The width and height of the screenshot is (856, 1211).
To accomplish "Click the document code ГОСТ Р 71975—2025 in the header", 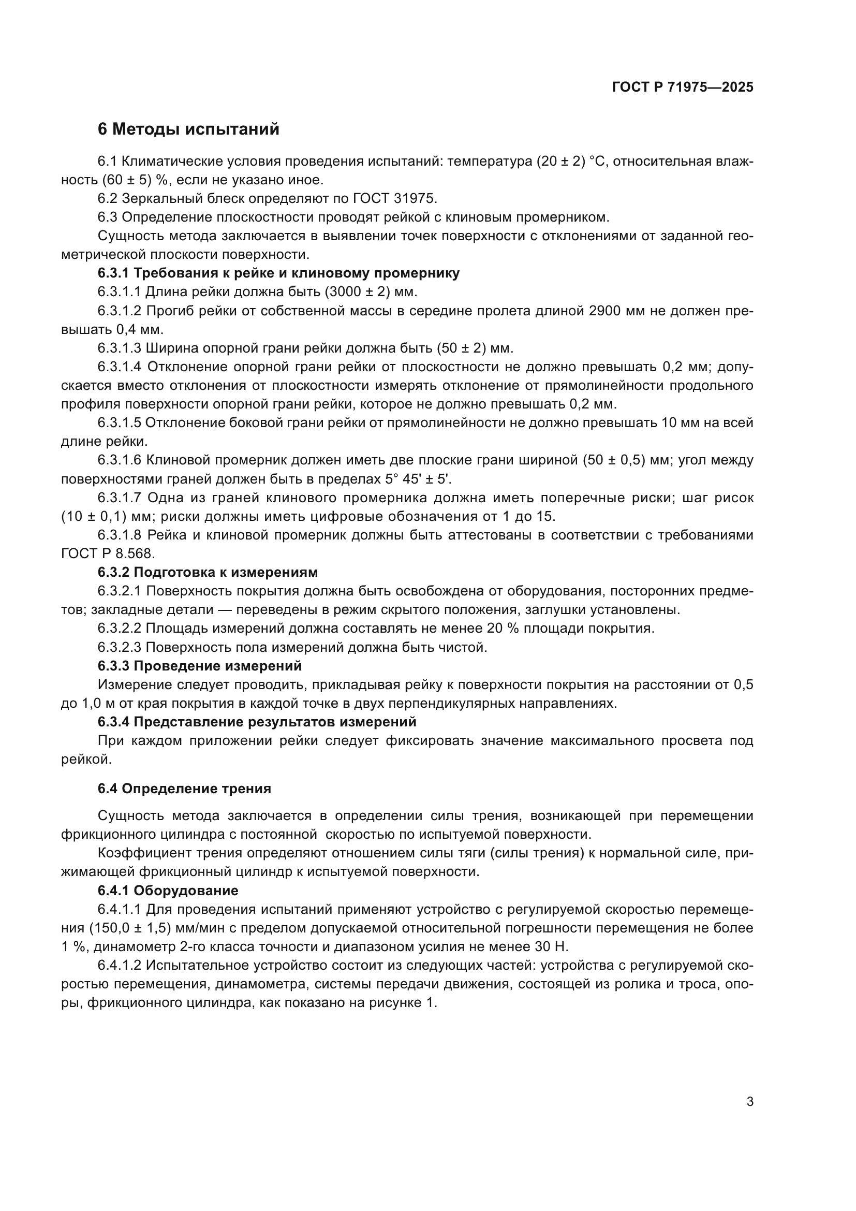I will tap(683, 87).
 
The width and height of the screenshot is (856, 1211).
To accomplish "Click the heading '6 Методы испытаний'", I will tap(188, 129).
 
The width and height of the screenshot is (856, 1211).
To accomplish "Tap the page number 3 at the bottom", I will tap(749, 1112).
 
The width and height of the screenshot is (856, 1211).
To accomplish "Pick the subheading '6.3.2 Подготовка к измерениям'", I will tap(208, 572).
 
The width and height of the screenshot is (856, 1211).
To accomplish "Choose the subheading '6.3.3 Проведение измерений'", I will tap(200, 666).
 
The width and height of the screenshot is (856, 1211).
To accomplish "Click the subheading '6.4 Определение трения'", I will tap(184, 789).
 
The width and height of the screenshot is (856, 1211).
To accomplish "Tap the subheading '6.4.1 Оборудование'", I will tap(168, 891).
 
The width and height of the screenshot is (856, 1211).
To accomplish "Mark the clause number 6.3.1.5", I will tap(119, 423).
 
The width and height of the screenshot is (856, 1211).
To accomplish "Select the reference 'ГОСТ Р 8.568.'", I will tap(109, 554).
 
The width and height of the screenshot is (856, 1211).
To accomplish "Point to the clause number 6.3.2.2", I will tap(119, 629).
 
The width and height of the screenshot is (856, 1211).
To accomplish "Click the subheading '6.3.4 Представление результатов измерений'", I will tap(257, 722).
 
